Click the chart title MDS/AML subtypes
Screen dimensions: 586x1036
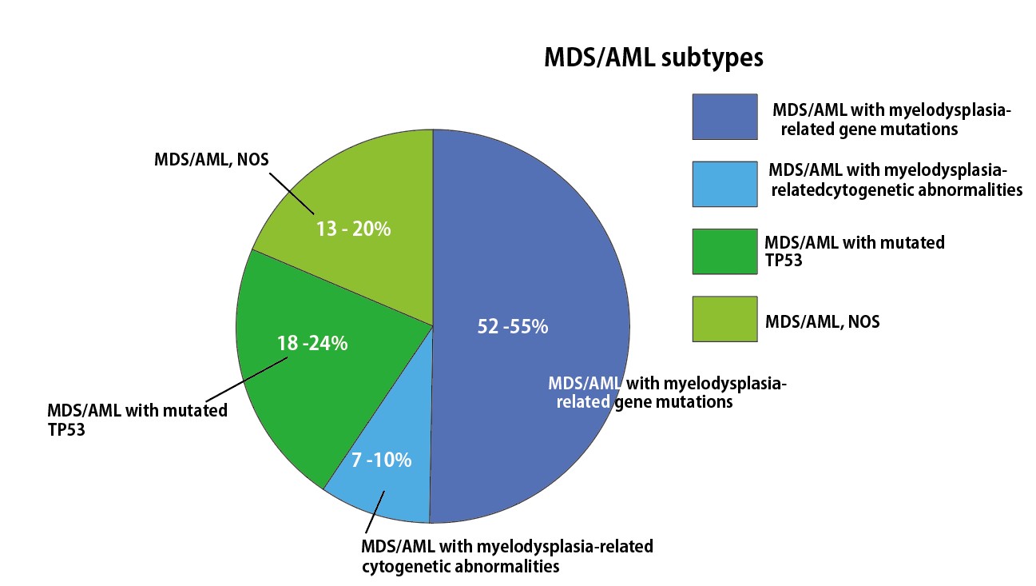(x=653, y=58)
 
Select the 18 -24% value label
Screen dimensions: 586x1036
(x=312, y=344)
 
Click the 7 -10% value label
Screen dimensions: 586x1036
(x=381, y=460)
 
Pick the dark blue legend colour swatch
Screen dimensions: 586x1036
(x=724, y=117)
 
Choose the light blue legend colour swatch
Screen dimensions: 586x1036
(x=724, y=184)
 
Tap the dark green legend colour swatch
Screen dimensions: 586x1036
(x=724, y=251)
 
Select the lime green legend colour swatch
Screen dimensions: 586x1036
(x=724, y=319)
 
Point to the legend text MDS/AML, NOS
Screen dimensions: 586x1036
(x=822, y=321)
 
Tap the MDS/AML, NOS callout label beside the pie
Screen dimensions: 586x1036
(x=211, y=159)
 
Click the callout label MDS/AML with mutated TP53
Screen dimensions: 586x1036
(x=138, y=418)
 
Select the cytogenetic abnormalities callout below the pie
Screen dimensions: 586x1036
(x=506, y=556)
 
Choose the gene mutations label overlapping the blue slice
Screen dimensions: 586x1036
(x=667, y=392)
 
